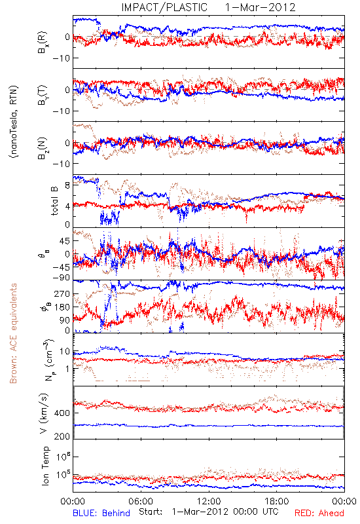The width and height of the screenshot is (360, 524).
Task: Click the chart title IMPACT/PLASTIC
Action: (x=164, y=7)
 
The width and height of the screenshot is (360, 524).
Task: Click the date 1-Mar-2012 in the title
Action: (x=261, y=7)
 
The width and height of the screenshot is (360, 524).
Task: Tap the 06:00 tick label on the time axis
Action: (x=141, y=501)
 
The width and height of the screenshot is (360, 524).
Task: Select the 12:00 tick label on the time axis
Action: (x=209, y=501)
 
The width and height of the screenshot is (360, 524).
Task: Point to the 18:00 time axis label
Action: (x=277, y=501)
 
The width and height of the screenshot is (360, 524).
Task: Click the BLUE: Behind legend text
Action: (x=101, y=513)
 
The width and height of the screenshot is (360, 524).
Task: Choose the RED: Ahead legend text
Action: (x=319, y=513)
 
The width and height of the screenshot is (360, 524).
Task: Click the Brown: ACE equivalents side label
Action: (x=13, y=333)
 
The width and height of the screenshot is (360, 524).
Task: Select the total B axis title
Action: (x=54, y=201)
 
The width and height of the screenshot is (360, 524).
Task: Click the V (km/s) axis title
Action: (x=44, y=413)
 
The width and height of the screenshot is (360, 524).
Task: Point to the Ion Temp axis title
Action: (x=46, y=466)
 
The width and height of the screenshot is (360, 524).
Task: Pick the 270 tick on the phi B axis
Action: (x=63, y=293)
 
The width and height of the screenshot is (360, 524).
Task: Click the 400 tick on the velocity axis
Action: (x=62, y=413)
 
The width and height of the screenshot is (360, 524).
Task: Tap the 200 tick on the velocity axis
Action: (x=62, y=436)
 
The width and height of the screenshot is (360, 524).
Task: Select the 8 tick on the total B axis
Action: (x=68, y=185)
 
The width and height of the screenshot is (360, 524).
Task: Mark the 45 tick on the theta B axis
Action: (x=65, y=241)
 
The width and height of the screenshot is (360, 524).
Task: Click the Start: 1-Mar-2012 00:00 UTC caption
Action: (x=209, y=512)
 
